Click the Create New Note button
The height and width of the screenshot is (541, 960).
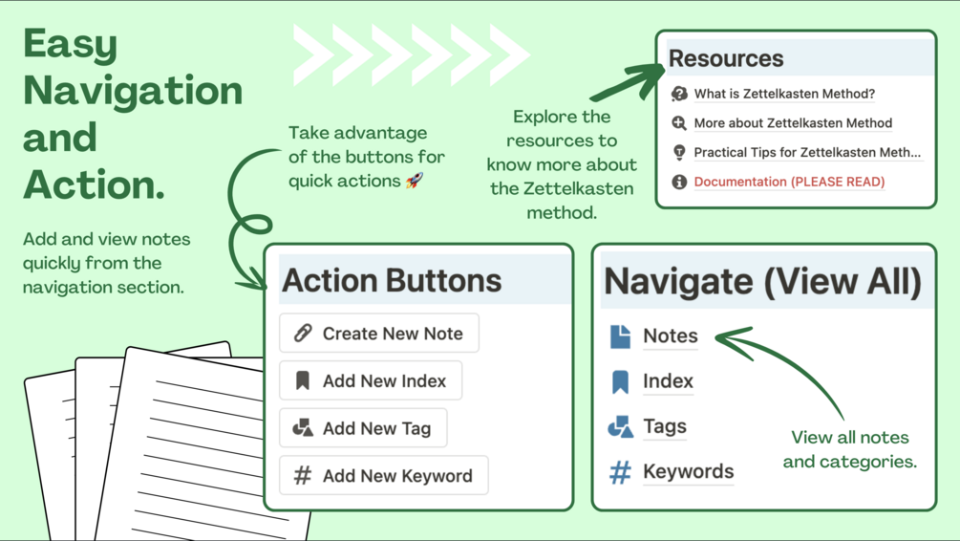point(379,334)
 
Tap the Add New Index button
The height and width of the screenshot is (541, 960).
point(371,380)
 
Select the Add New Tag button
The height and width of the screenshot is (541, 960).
point(363,428)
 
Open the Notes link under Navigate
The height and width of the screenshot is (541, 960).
point(670,335)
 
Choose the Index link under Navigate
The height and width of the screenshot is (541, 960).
point(668,381)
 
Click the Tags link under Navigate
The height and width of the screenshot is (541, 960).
point(664,426)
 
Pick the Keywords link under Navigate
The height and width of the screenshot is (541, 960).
point(688,471)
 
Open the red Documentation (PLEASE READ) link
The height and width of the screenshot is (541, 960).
point(789,182)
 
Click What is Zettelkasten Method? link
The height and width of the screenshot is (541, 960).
point(784,94)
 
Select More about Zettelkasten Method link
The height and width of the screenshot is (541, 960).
point(793,123)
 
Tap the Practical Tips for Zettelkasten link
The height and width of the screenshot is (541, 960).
point(807,152)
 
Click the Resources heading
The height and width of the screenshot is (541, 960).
point(726,58)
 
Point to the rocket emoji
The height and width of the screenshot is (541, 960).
point(414,181)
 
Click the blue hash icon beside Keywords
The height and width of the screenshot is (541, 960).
point(620,472)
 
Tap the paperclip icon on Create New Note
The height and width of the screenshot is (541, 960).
point(303,334)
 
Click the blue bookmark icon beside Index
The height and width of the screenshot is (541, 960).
point(620,382)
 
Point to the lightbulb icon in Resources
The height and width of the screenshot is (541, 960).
point(679,152)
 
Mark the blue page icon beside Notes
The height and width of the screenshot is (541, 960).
point(620,336)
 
